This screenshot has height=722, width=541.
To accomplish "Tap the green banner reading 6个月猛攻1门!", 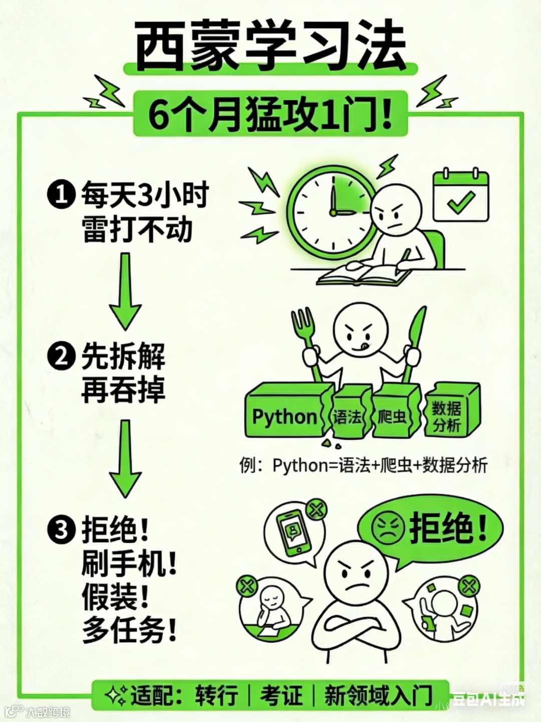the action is tap(270, 115).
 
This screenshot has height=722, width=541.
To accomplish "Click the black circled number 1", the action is tap(61, 195).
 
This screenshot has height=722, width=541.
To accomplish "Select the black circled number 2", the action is tap(61, 357).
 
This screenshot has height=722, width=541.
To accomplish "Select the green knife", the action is tap(414, 341).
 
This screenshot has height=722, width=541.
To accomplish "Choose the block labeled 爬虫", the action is tap(393, 415).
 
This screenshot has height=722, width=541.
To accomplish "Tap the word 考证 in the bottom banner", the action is tap(281, 695).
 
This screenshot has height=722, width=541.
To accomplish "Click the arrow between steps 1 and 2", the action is tap(125, 291).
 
